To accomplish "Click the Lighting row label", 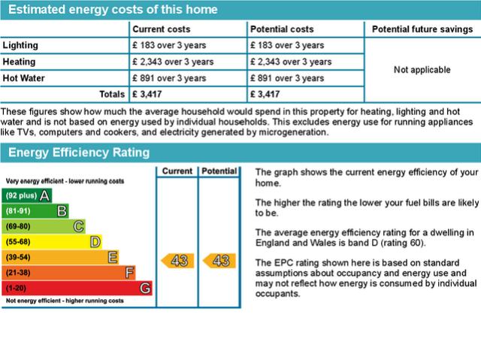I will (x=20, y=46).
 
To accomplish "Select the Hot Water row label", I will (x=24, y=77).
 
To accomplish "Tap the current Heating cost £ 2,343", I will (x=173, y=62).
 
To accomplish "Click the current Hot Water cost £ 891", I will (x=171, y=77).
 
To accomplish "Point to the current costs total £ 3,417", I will (x=148, y=94).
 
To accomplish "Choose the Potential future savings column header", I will (x=422, y=29).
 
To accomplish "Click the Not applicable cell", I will (x=422, y=70).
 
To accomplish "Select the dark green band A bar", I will (x=28, y=195).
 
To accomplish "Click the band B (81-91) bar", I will (x=36, y=211).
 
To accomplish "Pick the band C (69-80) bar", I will (x=44, y=226).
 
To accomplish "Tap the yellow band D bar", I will (x=53, y=242).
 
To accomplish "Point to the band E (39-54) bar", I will (x=61, y=257).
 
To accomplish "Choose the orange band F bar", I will (x=69, y=272).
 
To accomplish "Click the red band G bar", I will (x=77, y=288).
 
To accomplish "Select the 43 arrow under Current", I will (x=177, y=261).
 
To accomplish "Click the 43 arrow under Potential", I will (x=219, y=261).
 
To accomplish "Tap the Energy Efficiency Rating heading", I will (x=79, y=153).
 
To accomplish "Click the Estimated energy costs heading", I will (x=113, y=10).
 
